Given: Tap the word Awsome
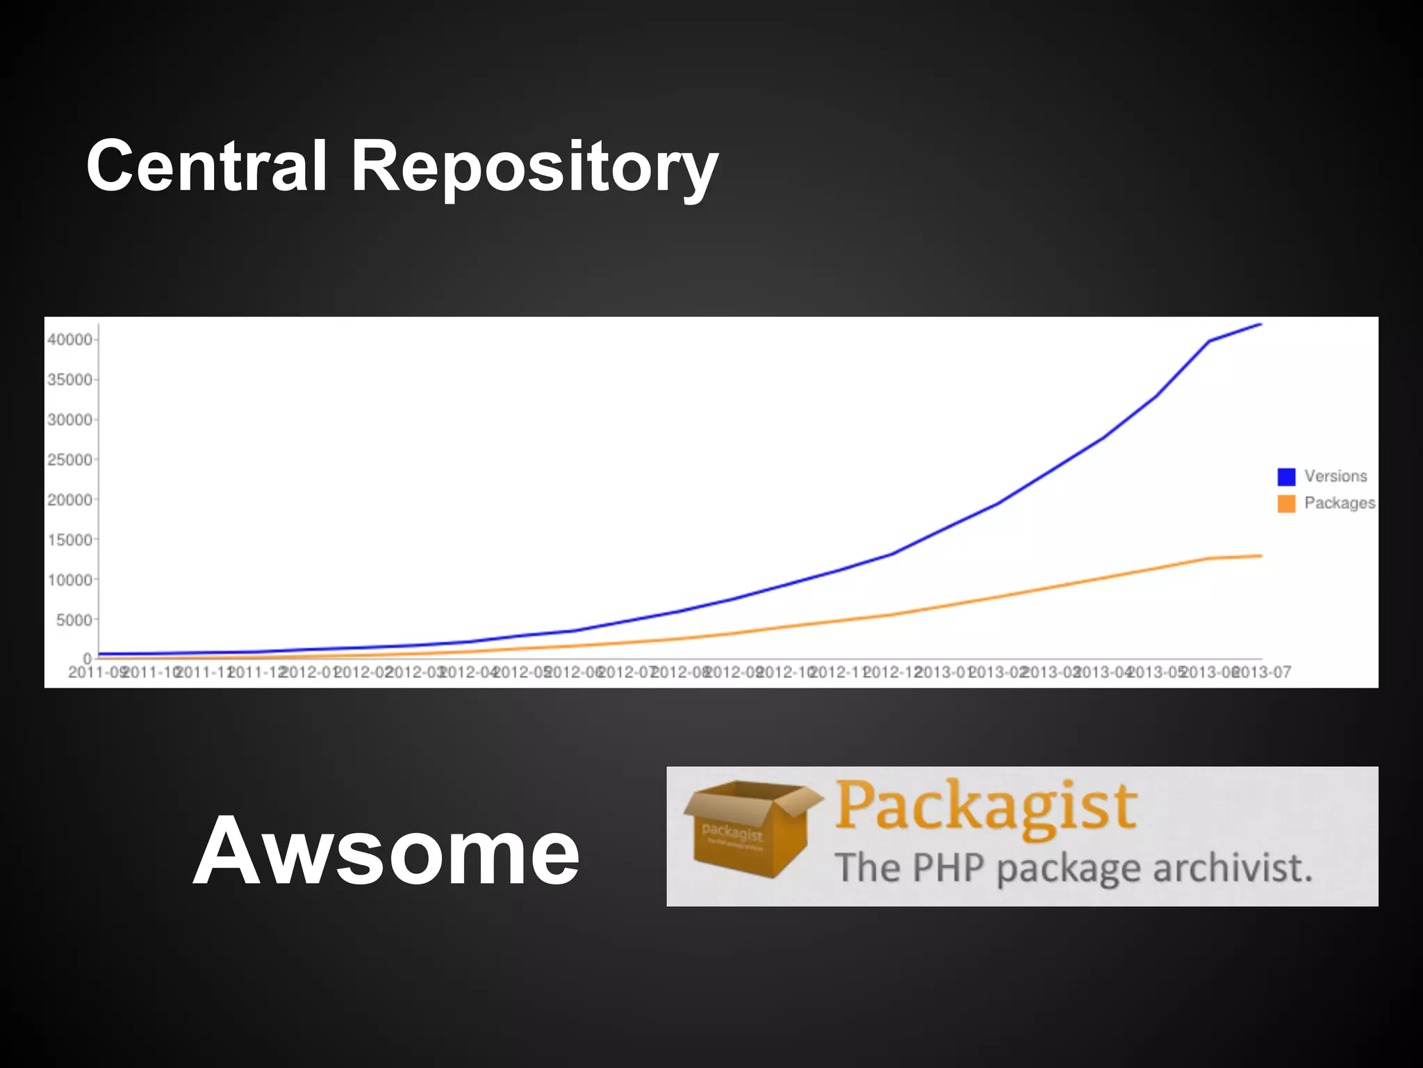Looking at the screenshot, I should (x=386, y=851).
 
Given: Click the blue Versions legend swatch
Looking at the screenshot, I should (x=1286, y=476).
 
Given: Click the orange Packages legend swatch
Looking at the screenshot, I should (x=1286, y=503).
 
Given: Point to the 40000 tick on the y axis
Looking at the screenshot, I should (x=69, y=339).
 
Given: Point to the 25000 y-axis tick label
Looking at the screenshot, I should (x=69, y=460).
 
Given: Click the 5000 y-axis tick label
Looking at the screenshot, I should (x=74, y=620).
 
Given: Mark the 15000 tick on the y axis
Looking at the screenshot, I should (x=69, y=540).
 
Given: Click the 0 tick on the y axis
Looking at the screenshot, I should (x=88, y=658).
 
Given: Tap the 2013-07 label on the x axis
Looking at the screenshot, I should (x=1264, y=672).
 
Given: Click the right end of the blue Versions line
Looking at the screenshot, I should (x=1260, y=324).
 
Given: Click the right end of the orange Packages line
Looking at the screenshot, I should (x=1260, y=556).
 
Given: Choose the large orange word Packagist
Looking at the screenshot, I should (x=985, y=807).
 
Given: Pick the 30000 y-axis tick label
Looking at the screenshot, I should (x=69, y=420).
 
